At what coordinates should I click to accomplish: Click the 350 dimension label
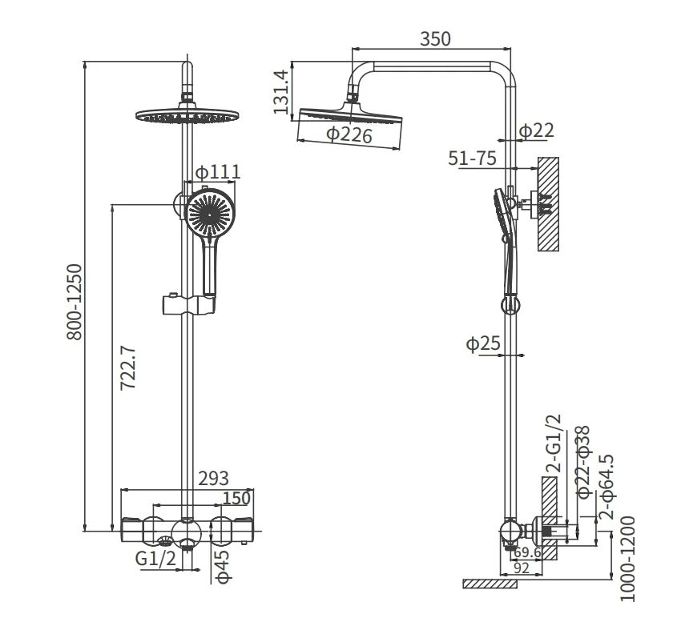tap(435, 39)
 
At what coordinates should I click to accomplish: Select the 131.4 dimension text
tap(280, 92)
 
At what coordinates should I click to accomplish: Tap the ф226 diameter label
tap(349, 135)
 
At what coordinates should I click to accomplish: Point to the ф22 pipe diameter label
tap(537, 130)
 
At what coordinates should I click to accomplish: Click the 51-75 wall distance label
tap(472, 158)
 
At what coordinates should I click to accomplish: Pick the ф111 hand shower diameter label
tap(218, 172)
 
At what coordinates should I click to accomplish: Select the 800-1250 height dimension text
tap(75, 302)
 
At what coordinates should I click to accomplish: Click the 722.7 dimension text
tap(128, 367)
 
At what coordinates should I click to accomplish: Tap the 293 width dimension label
tap(213, 478)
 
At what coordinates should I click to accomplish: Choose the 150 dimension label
tap(236, 498)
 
